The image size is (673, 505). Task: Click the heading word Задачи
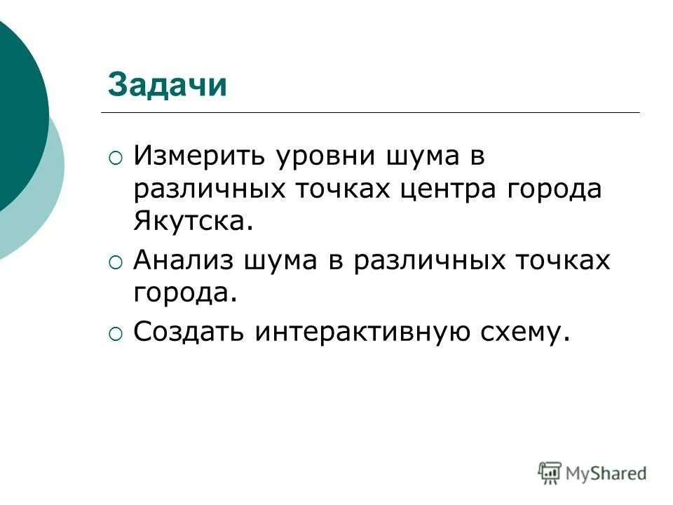(168, 86)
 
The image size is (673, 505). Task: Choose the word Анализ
(183, 260)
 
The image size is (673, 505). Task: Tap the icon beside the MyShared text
(550, 472)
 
